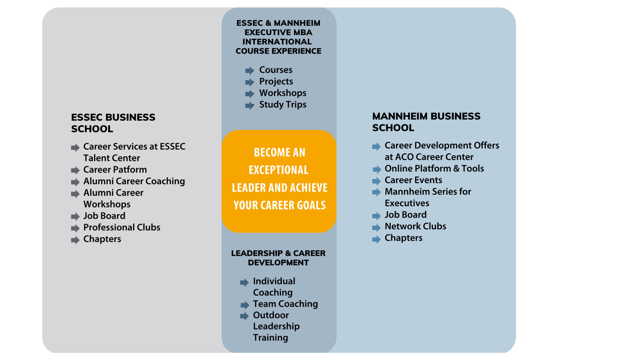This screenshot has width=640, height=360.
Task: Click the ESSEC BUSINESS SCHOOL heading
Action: pos(113,123)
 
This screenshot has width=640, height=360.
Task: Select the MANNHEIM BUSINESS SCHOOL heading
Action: pos(426,122)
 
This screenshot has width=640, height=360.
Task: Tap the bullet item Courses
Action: pos(276,70)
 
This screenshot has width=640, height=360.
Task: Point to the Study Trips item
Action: pos(283,105)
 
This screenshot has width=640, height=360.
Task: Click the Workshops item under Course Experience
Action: pos(283,93)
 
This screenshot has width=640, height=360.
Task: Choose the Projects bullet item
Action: pos(276,81)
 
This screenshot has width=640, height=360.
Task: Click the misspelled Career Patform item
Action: pos(115,170)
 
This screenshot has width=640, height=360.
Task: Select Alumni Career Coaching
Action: pos(134,181)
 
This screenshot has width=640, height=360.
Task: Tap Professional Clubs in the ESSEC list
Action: pos(122,227)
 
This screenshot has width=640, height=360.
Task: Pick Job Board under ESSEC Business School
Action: pos(104,216)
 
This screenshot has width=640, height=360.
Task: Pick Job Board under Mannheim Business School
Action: pos(406,215)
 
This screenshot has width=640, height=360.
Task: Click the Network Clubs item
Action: pos(415,226)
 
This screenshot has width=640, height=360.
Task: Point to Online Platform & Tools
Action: pos(434,168)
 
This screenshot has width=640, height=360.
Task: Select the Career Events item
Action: pos(413,180)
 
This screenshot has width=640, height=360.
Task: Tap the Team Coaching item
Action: pos(285,304)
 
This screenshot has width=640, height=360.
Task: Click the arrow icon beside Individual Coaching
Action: pos(244,282)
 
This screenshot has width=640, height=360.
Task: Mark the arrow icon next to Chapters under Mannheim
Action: pos(376,239)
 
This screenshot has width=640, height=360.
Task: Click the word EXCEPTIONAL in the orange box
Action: pos(279,170)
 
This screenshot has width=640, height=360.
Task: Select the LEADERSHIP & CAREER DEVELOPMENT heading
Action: pos(278,258)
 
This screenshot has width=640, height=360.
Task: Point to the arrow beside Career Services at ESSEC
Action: pos(75,148)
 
